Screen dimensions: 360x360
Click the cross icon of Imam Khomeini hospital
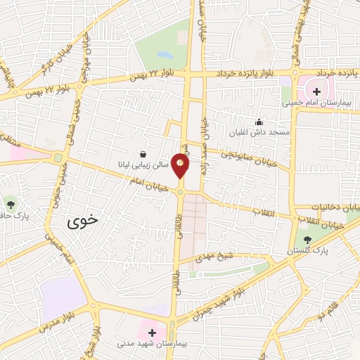316,91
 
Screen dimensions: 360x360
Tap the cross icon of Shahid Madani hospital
152,331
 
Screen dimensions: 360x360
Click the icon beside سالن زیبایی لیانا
143,154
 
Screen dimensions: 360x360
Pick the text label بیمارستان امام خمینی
316,103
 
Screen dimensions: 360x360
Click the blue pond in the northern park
163,54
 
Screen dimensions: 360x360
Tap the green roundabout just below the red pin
181,191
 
